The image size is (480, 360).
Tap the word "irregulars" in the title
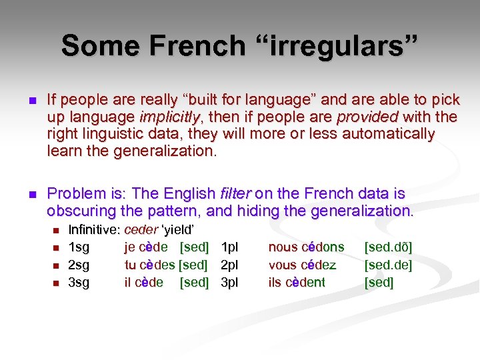pos(340,47)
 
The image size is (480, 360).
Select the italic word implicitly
pos(171,117)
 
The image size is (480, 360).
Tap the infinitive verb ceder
pos(141,230)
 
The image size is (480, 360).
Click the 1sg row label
pos(79,247)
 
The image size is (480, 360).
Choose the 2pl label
pos(229,265)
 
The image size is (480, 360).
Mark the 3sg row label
pos(79,282)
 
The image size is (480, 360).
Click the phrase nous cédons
pos(306,247)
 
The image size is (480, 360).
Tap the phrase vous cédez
pos(302,265)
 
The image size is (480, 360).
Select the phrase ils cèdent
pos(297,282)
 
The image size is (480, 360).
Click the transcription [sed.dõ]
pos(388,247)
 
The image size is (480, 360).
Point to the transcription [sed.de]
pos(388,265)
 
